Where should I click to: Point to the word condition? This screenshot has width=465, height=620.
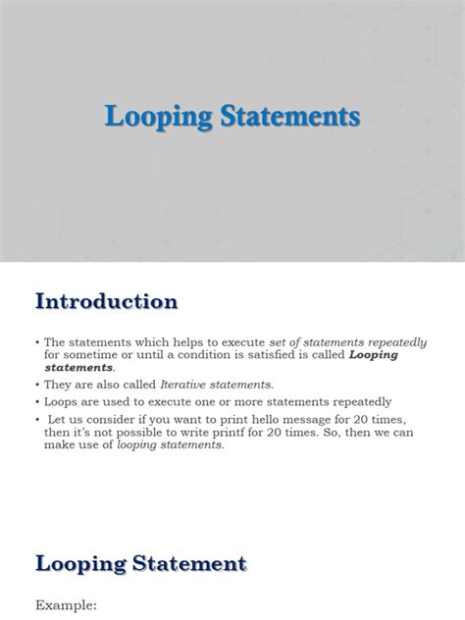223,354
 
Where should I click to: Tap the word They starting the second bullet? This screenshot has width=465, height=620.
57,384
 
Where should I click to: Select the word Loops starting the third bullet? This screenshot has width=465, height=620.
60,400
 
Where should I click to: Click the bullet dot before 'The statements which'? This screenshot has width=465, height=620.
36,339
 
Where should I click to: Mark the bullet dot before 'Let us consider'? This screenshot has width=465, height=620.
36,417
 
